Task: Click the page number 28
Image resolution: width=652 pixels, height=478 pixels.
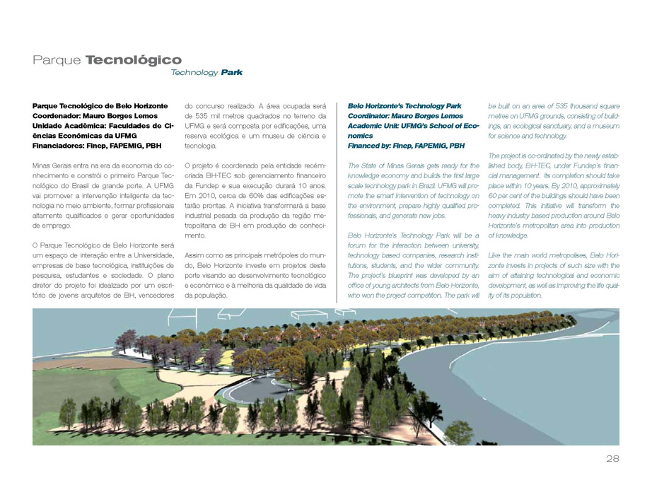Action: coord(612,459)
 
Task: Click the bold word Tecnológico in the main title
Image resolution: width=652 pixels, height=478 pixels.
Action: coord(134,60)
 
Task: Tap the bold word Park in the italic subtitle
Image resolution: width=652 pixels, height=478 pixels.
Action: coord(231,73)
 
